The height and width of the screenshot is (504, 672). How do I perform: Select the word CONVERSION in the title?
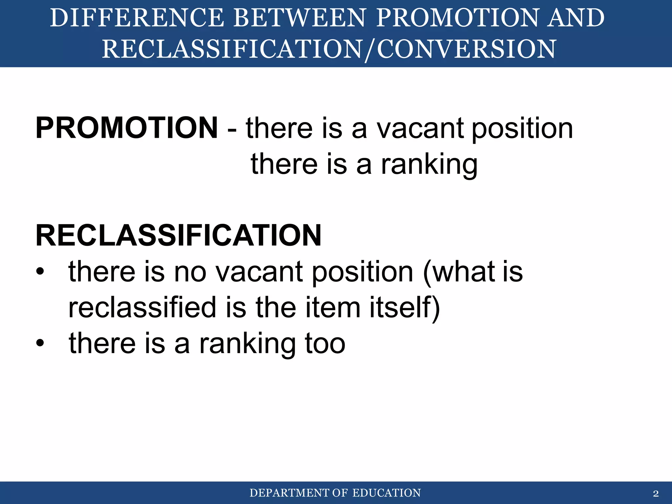(x=466, y=49)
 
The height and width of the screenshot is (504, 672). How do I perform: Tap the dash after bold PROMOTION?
(x=232, y=130)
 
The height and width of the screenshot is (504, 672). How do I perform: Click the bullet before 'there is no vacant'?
(x=40, y=272)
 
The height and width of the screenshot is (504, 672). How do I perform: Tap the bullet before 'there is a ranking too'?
(x=40, y=343)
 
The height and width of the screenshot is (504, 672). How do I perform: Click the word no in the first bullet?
(x=190, y=272)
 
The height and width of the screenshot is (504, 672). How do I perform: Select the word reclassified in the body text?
(x=142, y=307)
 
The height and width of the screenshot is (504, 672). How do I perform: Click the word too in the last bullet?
(x=325, y=343)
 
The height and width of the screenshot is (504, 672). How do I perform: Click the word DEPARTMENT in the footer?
(x=289, y=493)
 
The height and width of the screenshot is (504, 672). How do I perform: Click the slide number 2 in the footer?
(x=656, y=493)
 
